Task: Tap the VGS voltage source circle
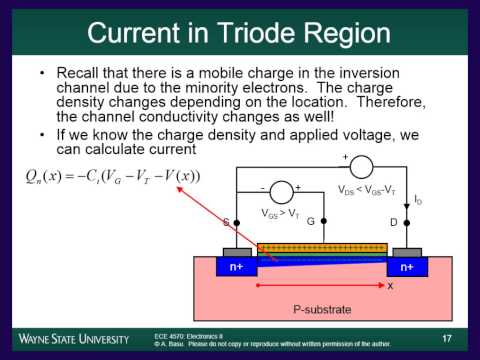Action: (283, 193)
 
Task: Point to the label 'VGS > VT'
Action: (284, 215)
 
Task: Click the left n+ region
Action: (235, 267)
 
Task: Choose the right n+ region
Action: (407, 267)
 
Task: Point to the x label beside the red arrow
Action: (390, 285)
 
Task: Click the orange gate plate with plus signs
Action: (322, 247)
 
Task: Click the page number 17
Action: (446, 338)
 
